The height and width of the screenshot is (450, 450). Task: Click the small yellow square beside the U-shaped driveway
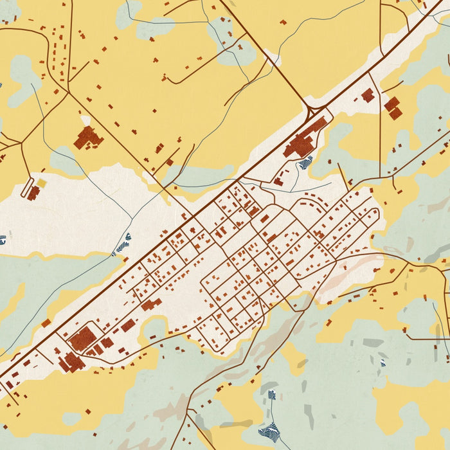[41, 183]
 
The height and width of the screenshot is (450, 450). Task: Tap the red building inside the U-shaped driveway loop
[33, 192]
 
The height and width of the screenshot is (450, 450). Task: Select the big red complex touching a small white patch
[88, 137]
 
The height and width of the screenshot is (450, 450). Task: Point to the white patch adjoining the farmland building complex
[85, 121]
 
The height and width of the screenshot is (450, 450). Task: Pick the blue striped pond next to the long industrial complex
[305, 162]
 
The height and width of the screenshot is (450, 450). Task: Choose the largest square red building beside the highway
[82, 338]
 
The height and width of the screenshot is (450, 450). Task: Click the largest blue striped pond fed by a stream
[271, 430]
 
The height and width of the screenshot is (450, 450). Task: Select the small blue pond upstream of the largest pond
[272, 395]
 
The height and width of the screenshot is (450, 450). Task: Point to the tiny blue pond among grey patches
[382, 363]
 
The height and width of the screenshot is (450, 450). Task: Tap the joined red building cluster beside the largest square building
[72, 363]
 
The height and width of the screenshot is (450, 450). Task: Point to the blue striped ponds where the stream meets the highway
[122, 244]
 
